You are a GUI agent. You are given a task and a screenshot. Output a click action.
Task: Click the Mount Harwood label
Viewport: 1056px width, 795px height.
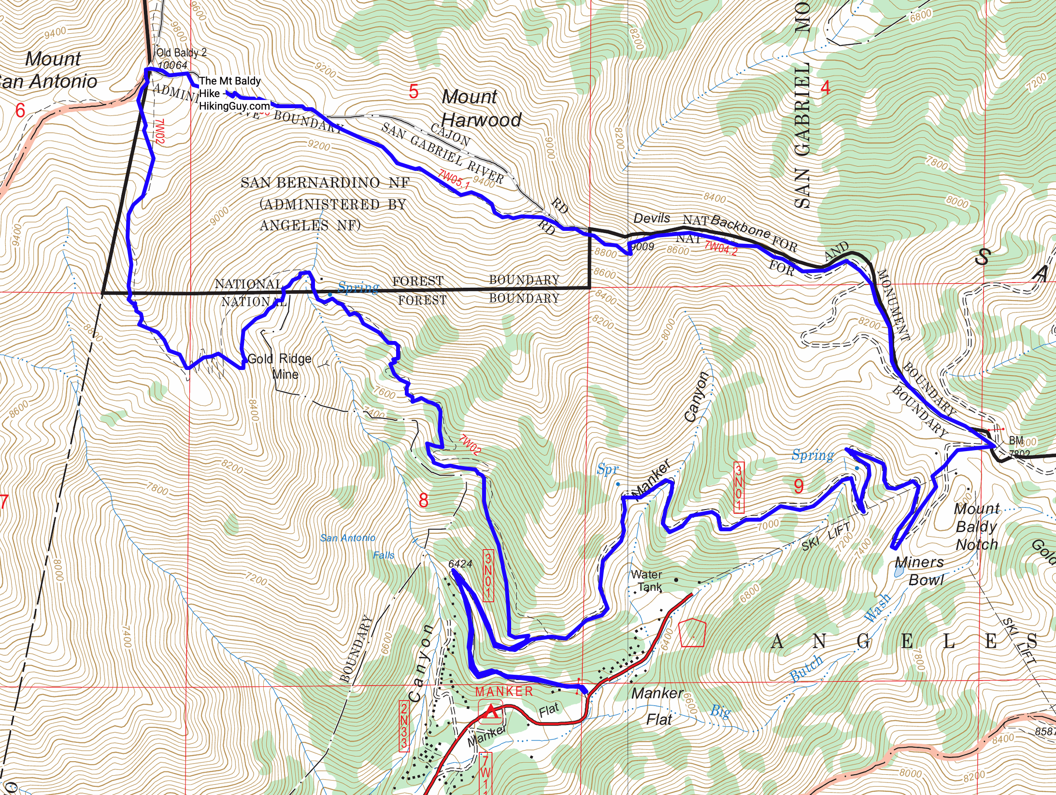coord(481,109)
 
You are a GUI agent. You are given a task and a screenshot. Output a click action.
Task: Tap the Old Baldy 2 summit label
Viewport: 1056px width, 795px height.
coord(182,53)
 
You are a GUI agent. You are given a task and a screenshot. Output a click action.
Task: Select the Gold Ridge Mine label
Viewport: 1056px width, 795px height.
coord(280,366)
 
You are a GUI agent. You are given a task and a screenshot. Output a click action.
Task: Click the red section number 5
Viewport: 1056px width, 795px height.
coord(414,91)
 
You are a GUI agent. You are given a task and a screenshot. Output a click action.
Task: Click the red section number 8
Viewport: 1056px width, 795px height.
coord(423,500)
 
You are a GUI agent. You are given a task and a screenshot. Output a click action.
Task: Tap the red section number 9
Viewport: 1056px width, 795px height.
coord(799,486)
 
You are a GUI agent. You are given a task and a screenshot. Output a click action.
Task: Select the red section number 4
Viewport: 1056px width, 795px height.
coord(825,88)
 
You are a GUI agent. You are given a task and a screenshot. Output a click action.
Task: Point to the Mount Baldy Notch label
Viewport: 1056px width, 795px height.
coord(977,526)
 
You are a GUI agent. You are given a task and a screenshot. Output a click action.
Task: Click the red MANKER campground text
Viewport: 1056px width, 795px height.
coord(504,692)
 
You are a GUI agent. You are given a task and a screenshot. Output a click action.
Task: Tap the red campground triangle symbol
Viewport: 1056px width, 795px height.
coord(491,711)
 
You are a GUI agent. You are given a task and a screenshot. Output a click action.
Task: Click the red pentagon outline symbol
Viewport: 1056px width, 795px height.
coord(692,633)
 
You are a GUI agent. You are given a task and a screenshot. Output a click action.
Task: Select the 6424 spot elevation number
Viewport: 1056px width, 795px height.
coord(460,564)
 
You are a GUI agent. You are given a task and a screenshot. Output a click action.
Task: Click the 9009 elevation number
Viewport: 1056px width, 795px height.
coord(643,247)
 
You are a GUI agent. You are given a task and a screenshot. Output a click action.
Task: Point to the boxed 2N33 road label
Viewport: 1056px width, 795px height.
coord(404,726)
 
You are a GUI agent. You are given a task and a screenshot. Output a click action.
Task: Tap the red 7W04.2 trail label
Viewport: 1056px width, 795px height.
coord(721,248)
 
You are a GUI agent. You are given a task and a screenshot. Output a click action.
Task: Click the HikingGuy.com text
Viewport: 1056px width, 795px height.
coord(234,106)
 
